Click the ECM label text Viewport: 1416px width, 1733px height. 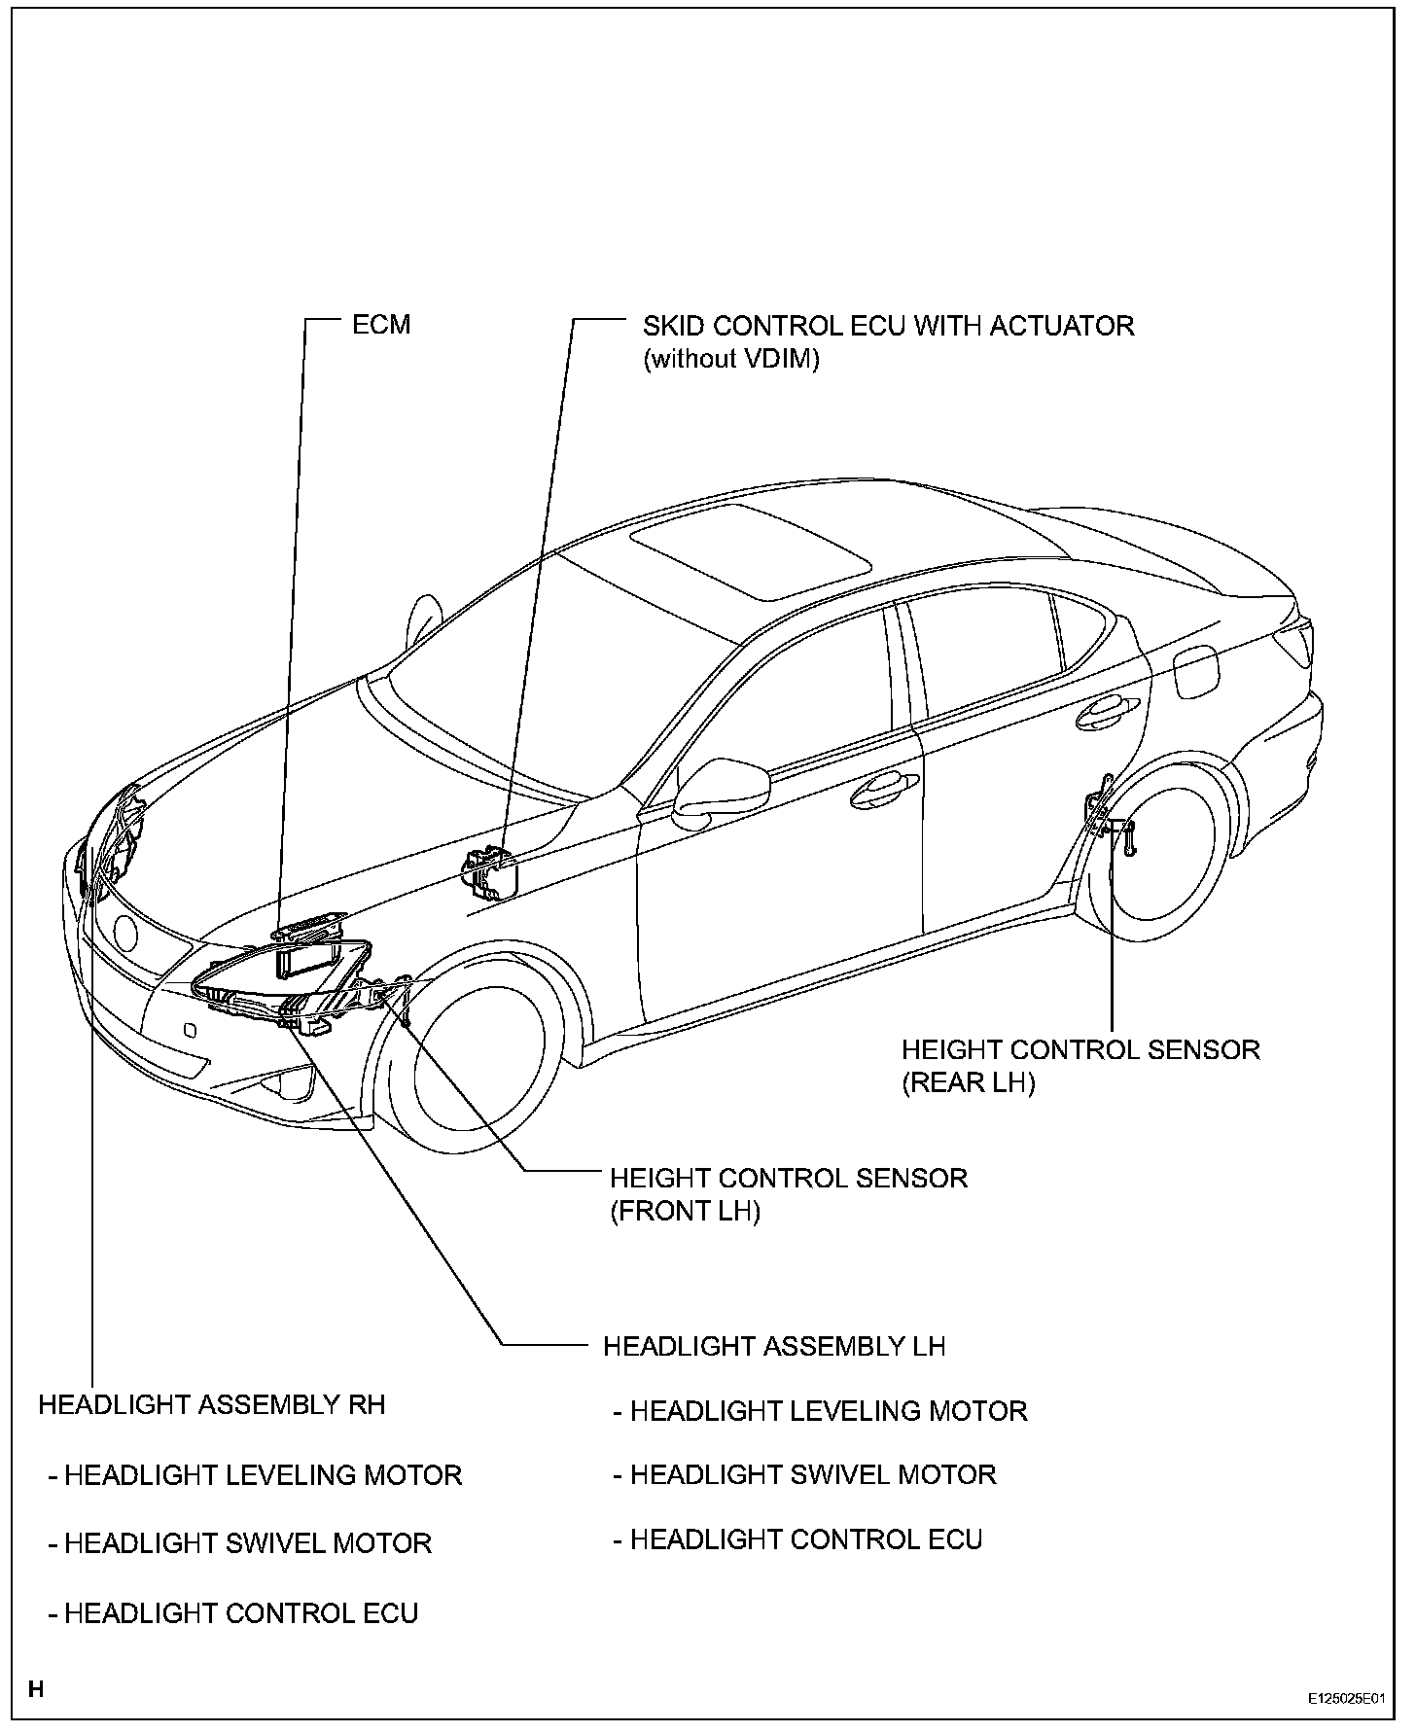[x=381, y=324]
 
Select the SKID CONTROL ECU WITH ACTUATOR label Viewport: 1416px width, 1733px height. [x=888, y=325]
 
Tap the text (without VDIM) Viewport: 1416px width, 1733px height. [x=731, y=359]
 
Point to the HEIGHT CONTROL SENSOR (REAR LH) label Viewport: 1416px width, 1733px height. [x=1080, y=1066]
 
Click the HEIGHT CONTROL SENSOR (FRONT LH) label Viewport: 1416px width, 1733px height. [x=788, y=1194]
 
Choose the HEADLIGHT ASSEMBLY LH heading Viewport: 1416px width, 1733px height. [x=774, y=1346]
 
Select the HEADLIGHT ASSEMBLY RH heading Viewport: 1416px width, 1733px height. [x=212, y=1404]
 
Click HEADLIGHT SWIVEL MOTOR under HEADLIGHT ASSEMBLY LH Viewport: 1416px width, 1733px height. [x=813, y=1474]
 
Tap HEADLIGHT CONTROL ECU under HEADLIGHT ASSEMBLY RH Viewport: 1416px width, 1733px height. [x=240, y=1613]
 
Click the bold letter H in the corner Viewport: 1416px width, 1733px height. [x=36, y=1689]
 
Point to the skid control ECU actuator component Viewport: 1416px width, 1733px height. [x=491, y=869]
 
